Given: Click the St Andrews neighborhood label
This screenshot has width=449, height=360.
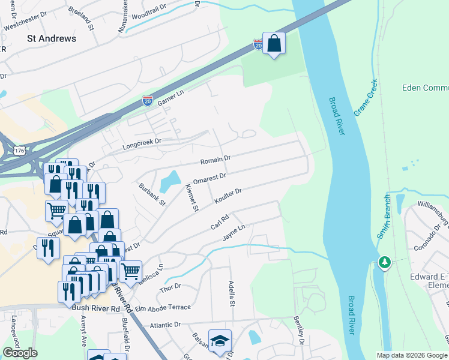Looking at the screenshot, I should (52, 38).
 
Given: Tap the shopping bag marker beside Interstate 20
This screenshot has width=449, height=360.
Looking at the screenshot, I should (274, 44).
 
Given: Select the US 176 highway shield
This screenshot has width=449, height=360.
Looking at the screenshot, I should (20, 151).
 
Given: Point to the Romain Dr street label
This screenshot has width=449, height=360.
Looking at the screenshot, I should (215, 160).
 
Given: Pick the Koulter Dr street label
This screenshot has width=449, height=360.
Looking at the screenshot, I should (227, 196).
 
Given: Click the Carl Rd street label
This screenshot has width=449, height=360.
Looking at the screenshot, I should (220, 223).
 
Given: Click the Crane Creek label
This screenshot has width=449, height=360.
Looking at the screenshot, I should (364, 98).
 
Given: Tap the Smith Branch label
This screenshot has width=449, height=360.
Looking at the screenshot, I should (384, 216).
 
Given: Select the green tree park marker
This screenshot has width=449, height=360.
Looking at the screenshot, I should (385, 262).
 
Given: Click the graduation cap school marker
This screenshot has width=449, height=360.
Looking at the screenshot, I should (220, 340).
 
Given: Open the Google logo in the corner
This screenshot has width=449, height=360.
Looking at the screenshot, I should (20, 353).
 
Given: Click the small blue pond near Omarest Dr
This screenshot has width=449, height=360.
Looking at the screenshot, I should (170, 179).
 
